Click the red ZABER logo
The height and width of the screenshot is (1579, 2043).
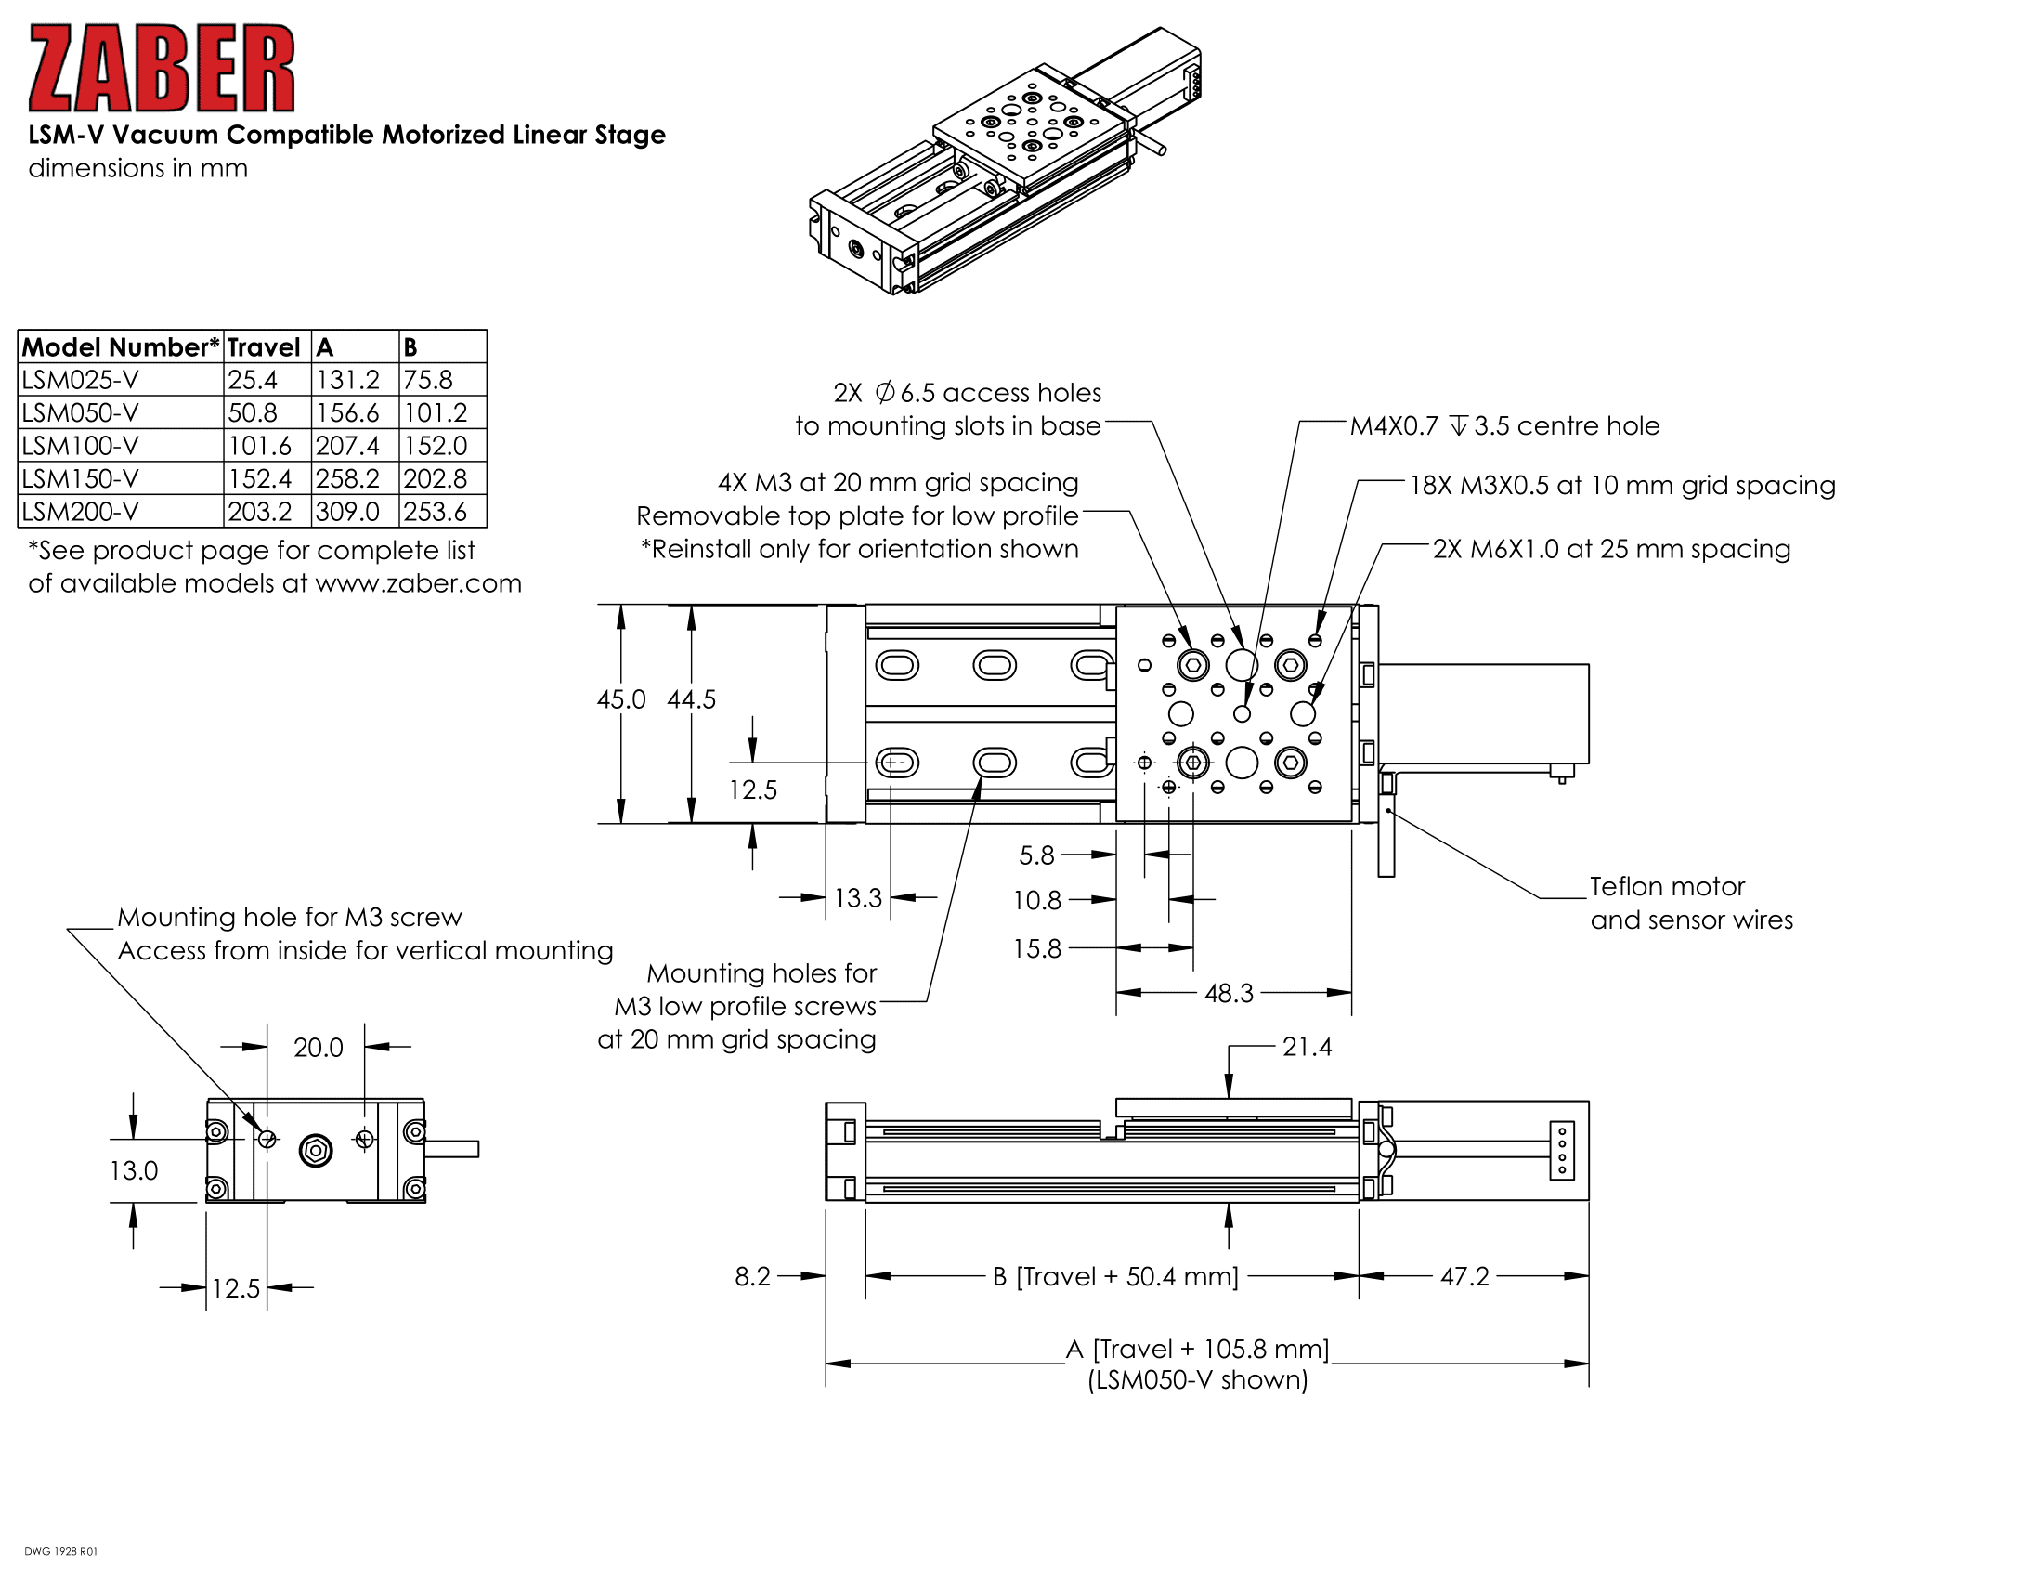click(x=162, y=69)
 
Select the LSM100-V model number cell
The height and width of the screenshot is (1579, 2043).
click(x=81, y=445)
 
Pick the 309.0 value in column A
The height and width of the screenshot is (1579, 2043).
click(x=347, y=512)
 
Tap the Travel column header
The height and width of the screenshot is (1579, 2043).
click(x=263, y=347)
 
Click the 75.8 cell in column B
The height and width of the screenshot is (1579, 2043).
click(x=427, y=380)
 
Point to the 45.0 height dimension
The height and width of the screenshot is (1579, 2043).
click(x=621, y=698)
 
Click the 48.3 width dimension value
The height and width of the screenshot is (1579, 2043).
click(x=1229, y=993)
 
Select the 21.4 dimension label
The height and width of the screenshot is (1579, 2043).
click(x=1307, y=1047)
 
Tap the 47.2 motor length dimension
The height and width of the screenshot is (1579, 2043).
click(x=1464, y=1276)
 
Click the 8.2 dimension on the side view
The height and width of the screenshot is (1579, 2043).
click(x=752, y=1276)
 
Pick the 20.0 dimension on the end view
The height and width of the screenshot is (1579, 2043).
click(x=318, y=1048)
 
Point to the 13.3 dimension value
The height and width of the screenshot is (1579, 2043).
click(x=858, y=898)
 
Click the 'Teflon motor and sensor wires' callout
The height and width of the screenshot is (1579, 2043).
click(x=1691, y=903)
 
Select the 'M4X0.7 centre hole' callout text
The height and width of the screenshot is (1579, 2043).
click(x=1504, y=425)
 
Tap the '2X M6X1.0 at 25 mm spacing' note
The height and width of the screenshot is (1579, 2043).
click(x=1612, y=549)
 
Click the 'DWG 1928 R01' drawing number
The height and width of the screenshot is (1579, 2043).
click(x=60, y=1551)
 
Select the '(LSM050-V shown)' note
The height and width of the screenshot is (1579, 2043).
click(x=1197, y=1379)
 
